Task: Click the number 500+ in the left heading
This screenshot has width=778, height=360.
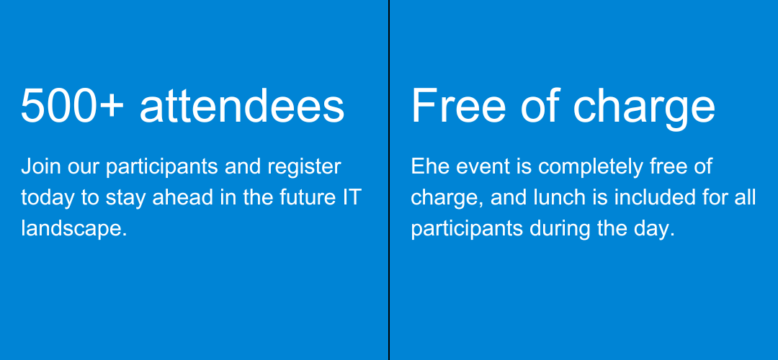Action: point(72,106)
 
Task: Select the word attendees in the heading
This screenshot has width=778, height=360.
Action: point(242,106)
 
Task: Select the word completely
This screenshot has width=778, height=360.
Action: point(591,168)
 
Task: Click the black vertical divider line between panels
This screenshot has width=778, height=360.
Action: point(389,180)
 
